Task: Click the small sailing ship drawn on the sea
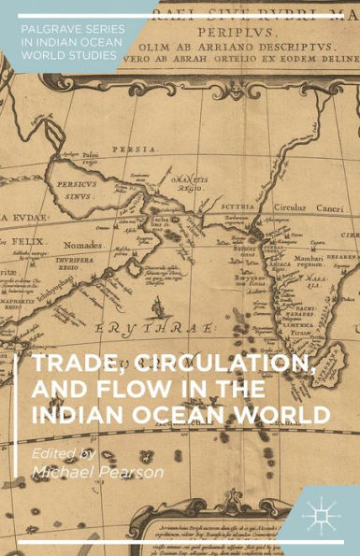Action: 153,307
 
